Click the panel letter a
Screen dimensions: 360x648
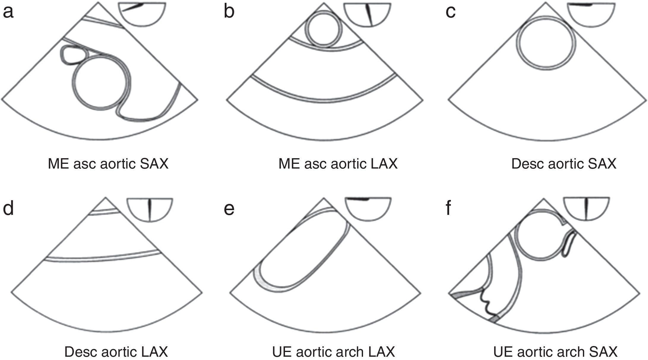coord(8,12)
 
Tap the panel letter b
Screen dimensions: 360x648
coord(229,12)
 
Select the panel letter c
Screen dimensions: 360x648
coord(450,12)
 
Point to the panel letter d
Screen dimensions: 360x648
coord(8,208)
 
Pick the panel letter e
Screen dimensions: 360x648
coord(229,209)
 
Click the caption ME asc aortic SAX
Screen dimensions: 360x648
coord(108,164)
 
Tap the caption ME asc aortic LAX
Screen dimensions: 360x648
coord(338,164)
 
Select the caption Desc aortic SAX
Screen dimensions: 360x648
coord(564,164)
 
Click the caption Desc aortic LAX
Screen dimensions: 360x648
coord(116,352)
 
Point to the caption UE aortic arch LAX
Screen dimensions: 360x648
coord(333,352)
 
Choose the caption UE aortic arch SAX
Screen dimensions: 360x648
coord(555,352)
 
